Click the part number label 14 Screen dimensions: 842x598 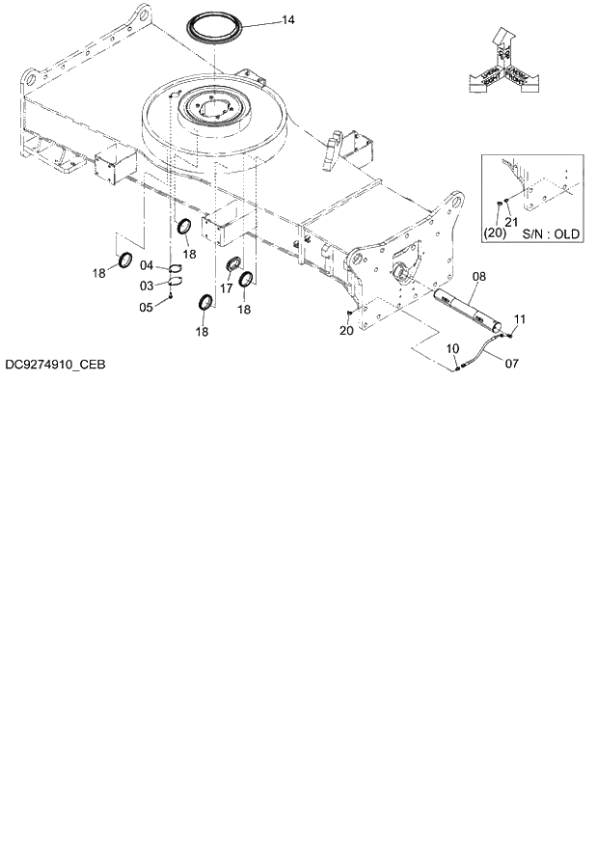pos(287,19)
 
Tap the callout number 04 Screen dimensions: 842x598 pos(147,265)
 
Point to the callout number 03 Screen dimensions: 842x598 pos(147,285)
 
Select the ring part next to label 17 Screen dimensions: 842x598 pos(233,265)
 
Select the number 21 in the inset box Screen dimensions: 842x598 pos(511,222)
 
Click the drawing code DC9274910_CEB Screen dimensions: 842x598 pos(54,366)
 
